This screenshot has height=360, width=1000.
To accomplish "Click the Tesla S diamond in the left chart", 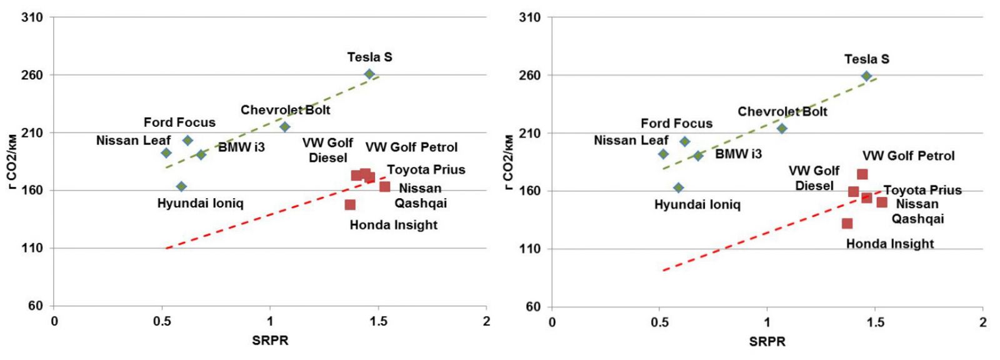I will pos(369,74).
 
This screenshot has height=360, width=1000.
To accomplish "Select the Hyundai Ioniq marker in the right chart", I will pos(679,187).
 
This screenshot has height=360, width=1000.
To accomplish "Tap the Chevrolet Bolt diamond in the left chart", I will pos(284,127).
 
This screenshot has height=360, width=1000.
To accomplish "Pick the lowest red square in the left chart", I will pos(350,205).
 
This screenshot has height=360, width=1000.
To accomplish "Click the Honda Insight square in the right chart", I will pos(847,224).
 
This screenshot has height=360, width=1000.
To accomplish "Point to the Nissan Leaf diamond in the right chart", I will pos(663,154).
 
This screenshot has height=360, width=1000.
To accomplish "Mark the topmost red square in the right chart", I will pos(862,174).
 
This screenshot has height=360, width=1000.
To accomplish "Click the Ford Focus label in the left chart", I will pos(179,122).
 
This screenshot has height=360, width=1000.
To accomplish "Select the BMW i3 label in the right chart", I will pos(738,154).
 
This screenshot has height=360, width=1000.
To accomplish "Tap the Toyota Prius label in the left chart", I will pos(426,170).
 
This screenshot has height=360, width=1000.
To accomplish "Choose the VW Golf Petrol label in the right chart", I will pos(908,156).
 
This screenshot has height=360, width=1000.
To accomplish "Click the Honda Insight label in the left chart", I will pos(393,225).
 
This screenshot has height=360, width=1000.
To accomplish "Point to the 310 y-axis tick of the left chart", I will pos(32,17).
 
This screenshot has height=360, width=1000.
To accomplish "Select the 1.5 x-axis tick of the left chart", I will pos(378,322).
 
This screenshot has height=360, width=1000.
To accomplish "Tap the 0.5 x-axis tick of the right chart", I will pos(659,322).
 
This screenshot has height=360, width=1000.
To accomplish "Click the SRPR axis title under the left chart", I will pos(270,341).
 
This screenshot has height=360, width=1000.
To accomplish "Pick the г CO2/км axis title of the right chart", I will pos(510,161).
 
